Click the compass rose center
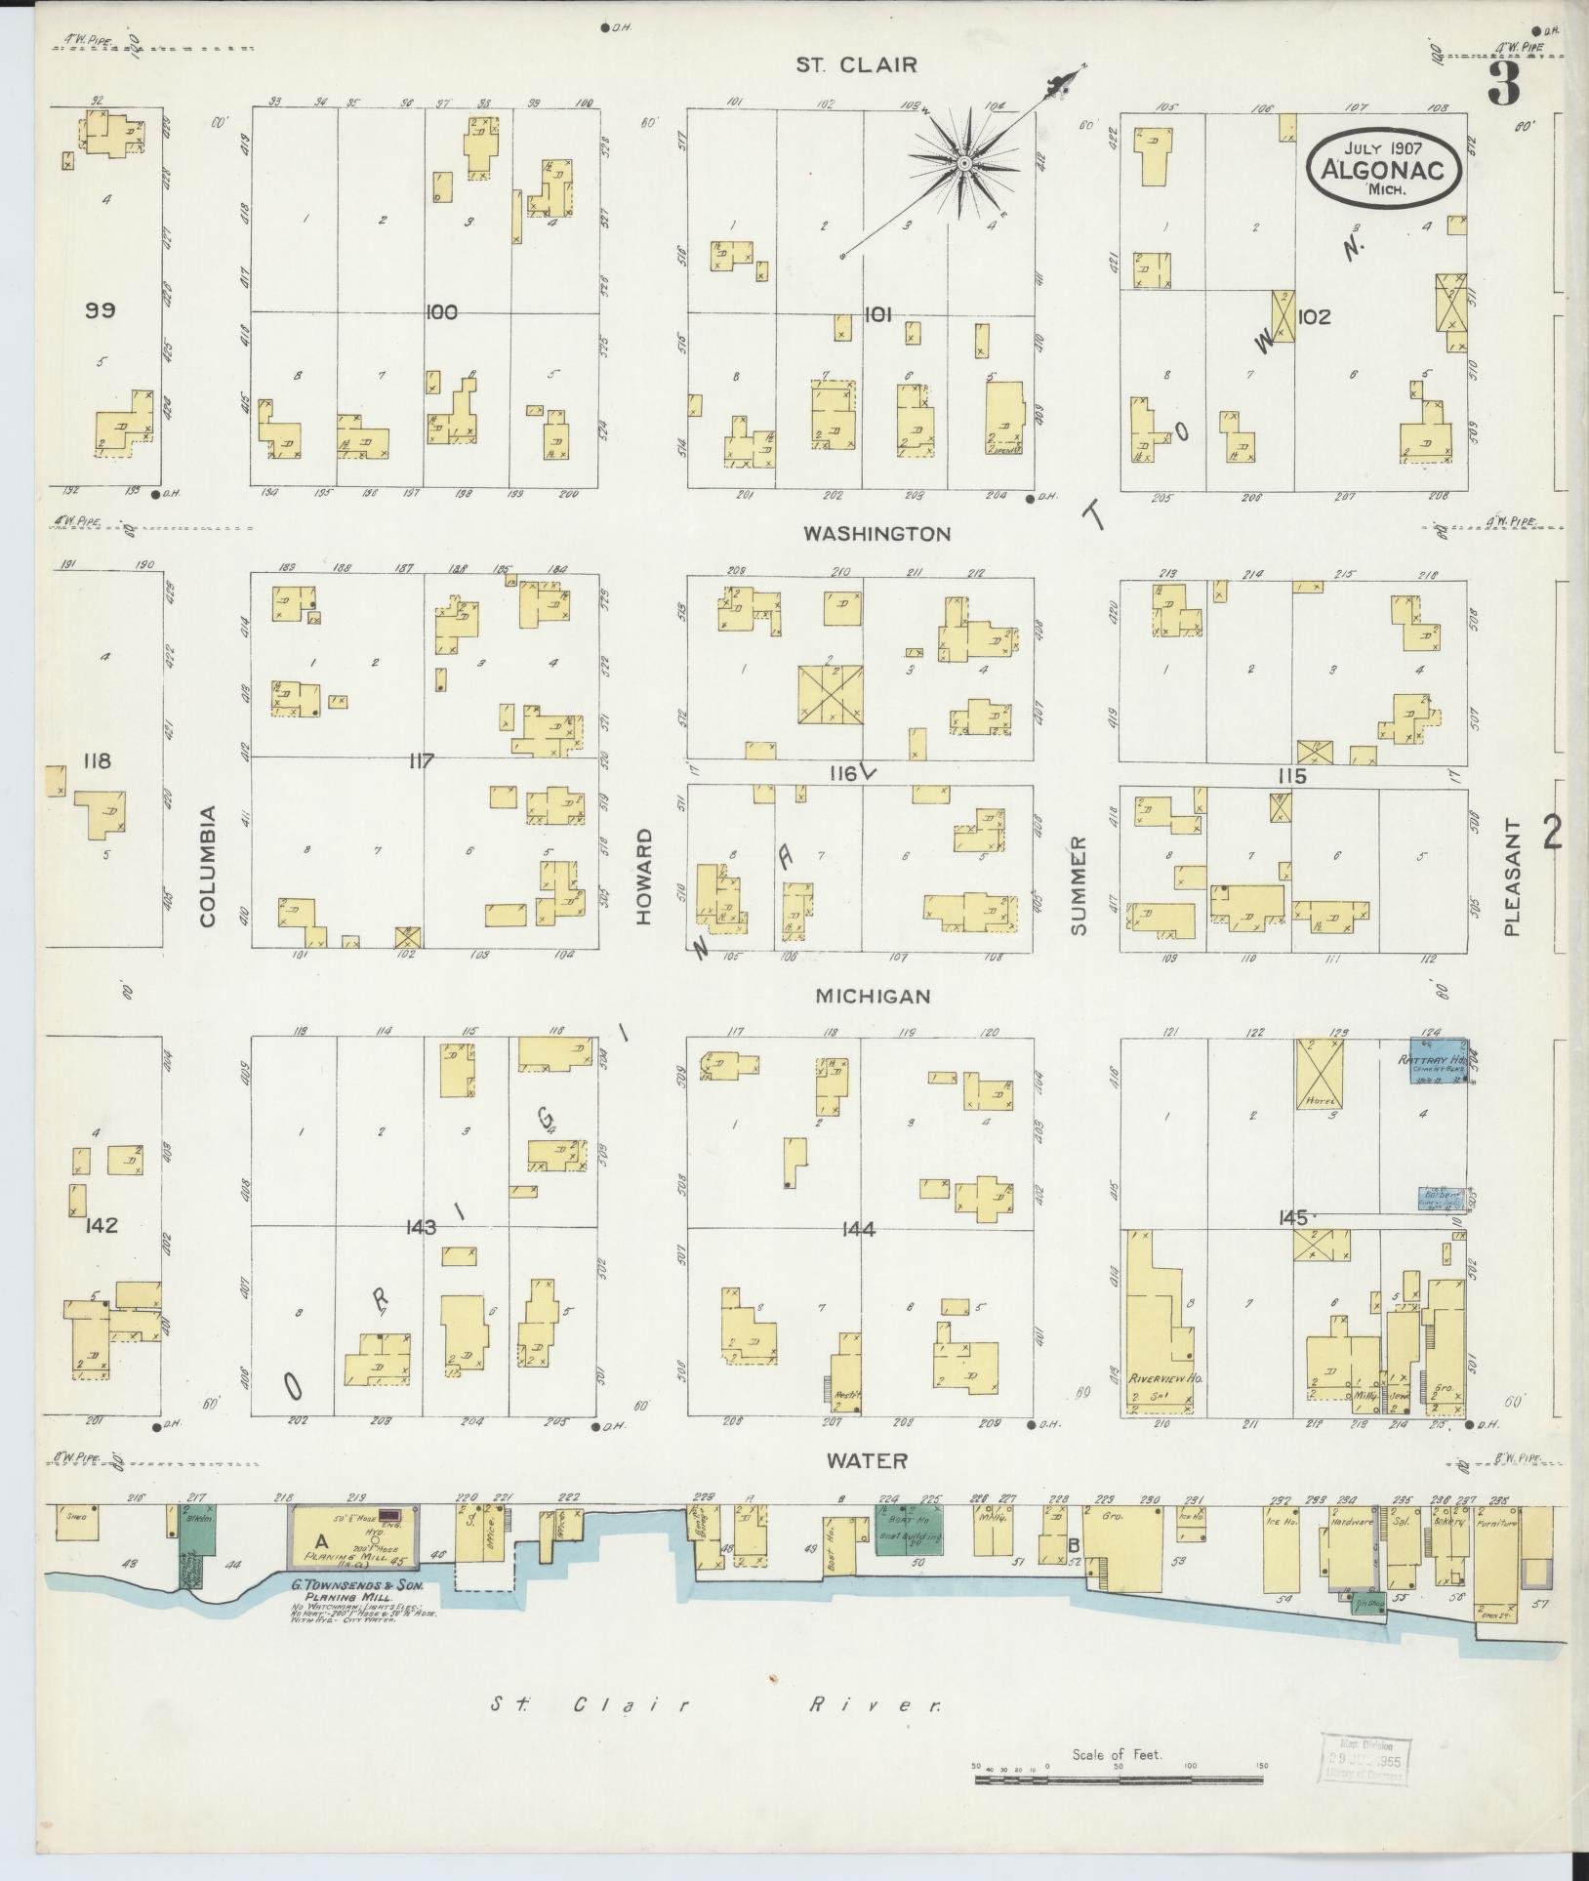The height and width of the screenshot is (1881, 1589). (x=963, y=163)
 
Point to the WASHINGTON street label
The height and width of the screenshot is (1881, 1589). (x=876, y=534)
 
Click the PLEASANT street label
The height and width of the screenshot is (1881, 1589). (x=1512, y=879)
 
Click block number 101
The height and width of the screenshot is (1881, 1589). (x=878, y=313)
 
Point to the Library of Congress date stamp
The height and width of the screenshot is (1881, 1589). (x=1363, y=1760)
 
